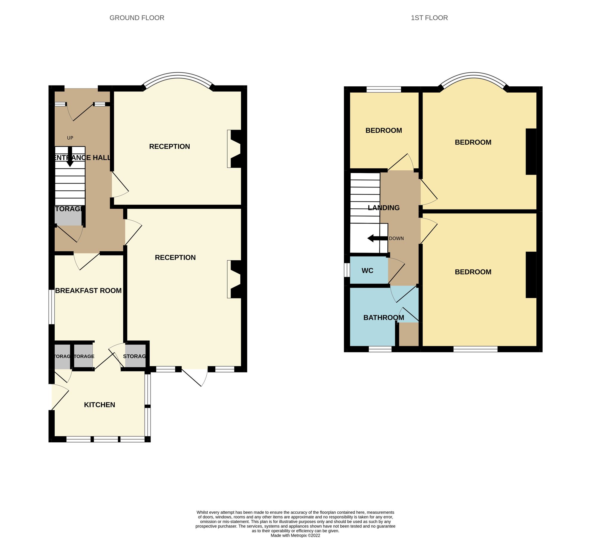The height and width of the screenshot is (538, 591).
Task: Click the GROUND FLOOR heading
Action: tap(137, 18)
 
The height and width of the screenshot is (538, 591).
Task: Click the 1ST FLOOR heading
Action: tap(429, 18)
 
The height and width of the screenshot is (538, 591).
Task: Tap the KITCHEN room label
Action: tap(99, 405)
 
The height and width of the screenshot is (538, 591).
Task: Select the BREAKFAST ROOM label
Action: tap(88, 291)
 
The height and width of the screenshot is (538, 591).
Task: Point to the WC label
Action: tap(367, 270)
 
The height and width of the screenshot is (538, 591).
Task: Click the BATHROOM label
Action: tap(383, 317)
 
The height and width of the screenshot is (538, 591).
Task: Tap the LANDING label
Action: tap(383, 208)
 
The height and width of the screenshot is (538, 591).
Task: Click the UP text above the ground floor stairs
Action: tap(70, 138)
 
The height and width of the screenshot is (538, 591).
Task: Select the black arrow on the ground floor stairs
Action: tap(70, 157)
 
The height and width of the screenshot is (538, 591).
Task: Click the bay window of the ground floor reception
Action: tap(178, 76)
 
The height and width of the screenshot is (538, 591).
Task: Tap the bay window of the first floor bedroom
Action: tap(473, 76)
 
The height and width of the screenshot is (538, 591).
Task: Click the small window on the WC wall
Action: tap(347, 270)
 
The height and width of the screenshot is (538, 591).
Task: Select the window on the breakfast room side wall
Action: tap(52, 307)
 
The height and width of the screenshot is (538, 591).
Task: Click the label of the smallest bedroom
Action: tap(383, 130)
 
